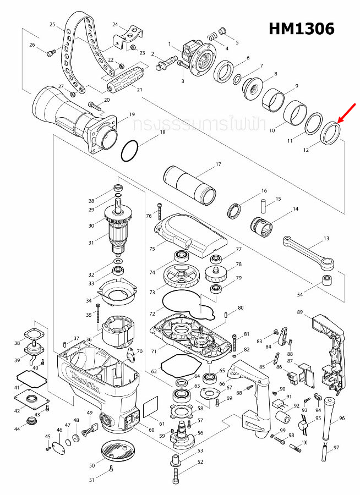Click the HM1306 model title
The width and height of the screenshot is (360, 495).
(x=301, y=29)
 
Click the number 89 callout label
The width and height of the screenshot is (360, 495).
(x=300, y=312)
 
